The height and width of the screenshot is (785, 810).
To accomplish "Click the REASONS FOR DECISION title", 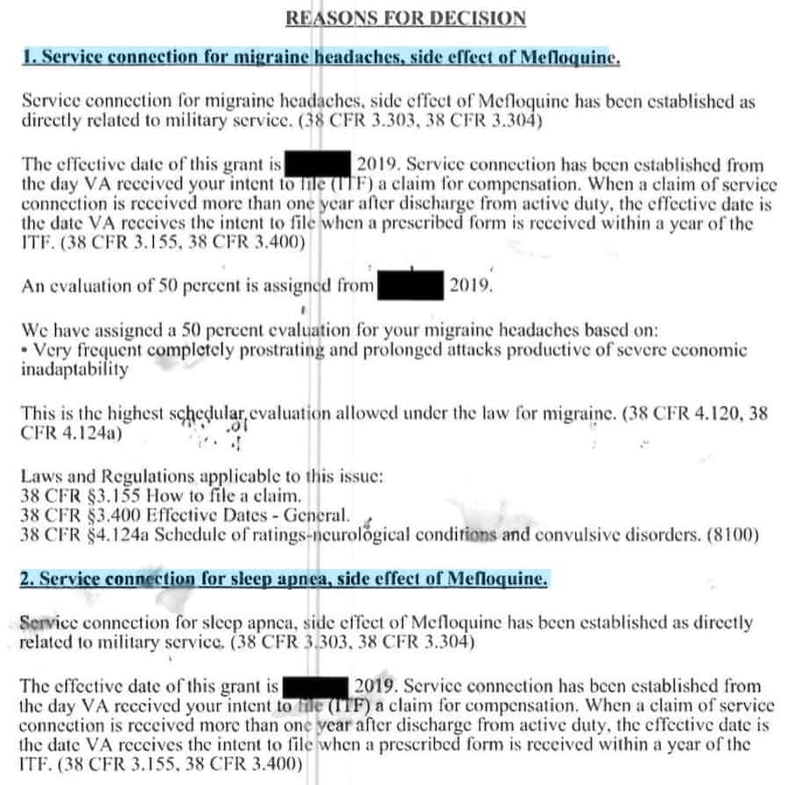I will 406,18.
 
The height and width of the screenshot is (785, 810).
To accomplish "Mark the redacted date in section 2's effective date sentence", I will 317,686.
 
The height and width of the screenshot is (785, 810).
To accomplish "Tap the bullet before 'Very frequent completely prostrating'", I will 24,350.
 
